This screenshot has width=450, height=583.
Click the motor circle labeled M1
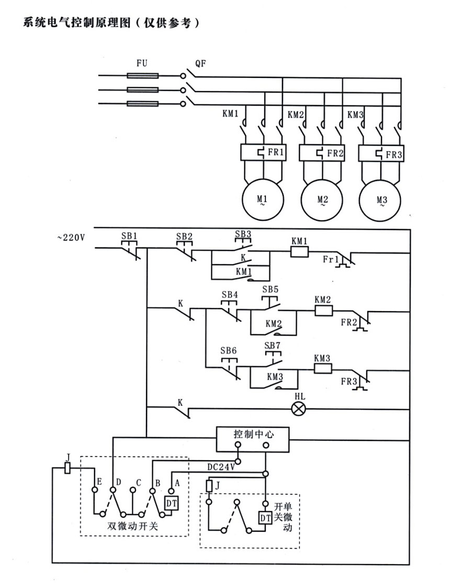(263, 201)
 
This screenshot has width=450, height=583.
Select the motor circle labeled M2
(322, 201)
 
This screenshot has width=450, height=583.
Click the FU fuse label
(142, 64)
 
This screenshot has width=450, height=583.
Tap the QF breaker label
(200, 64)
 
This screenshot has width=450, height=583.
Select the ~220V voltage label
(71, 237)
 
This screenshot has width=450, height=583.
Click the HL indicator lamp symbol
(298, 408)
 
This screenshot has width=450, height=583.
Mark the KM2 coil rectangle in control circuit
(323, 310)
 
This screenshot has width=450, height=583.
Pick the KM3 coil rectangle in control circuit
(323, 368)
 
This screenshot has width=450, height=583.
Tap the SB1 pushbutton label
(129, 236)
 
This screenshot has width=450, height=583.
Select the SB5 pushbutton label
(271, 289)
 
